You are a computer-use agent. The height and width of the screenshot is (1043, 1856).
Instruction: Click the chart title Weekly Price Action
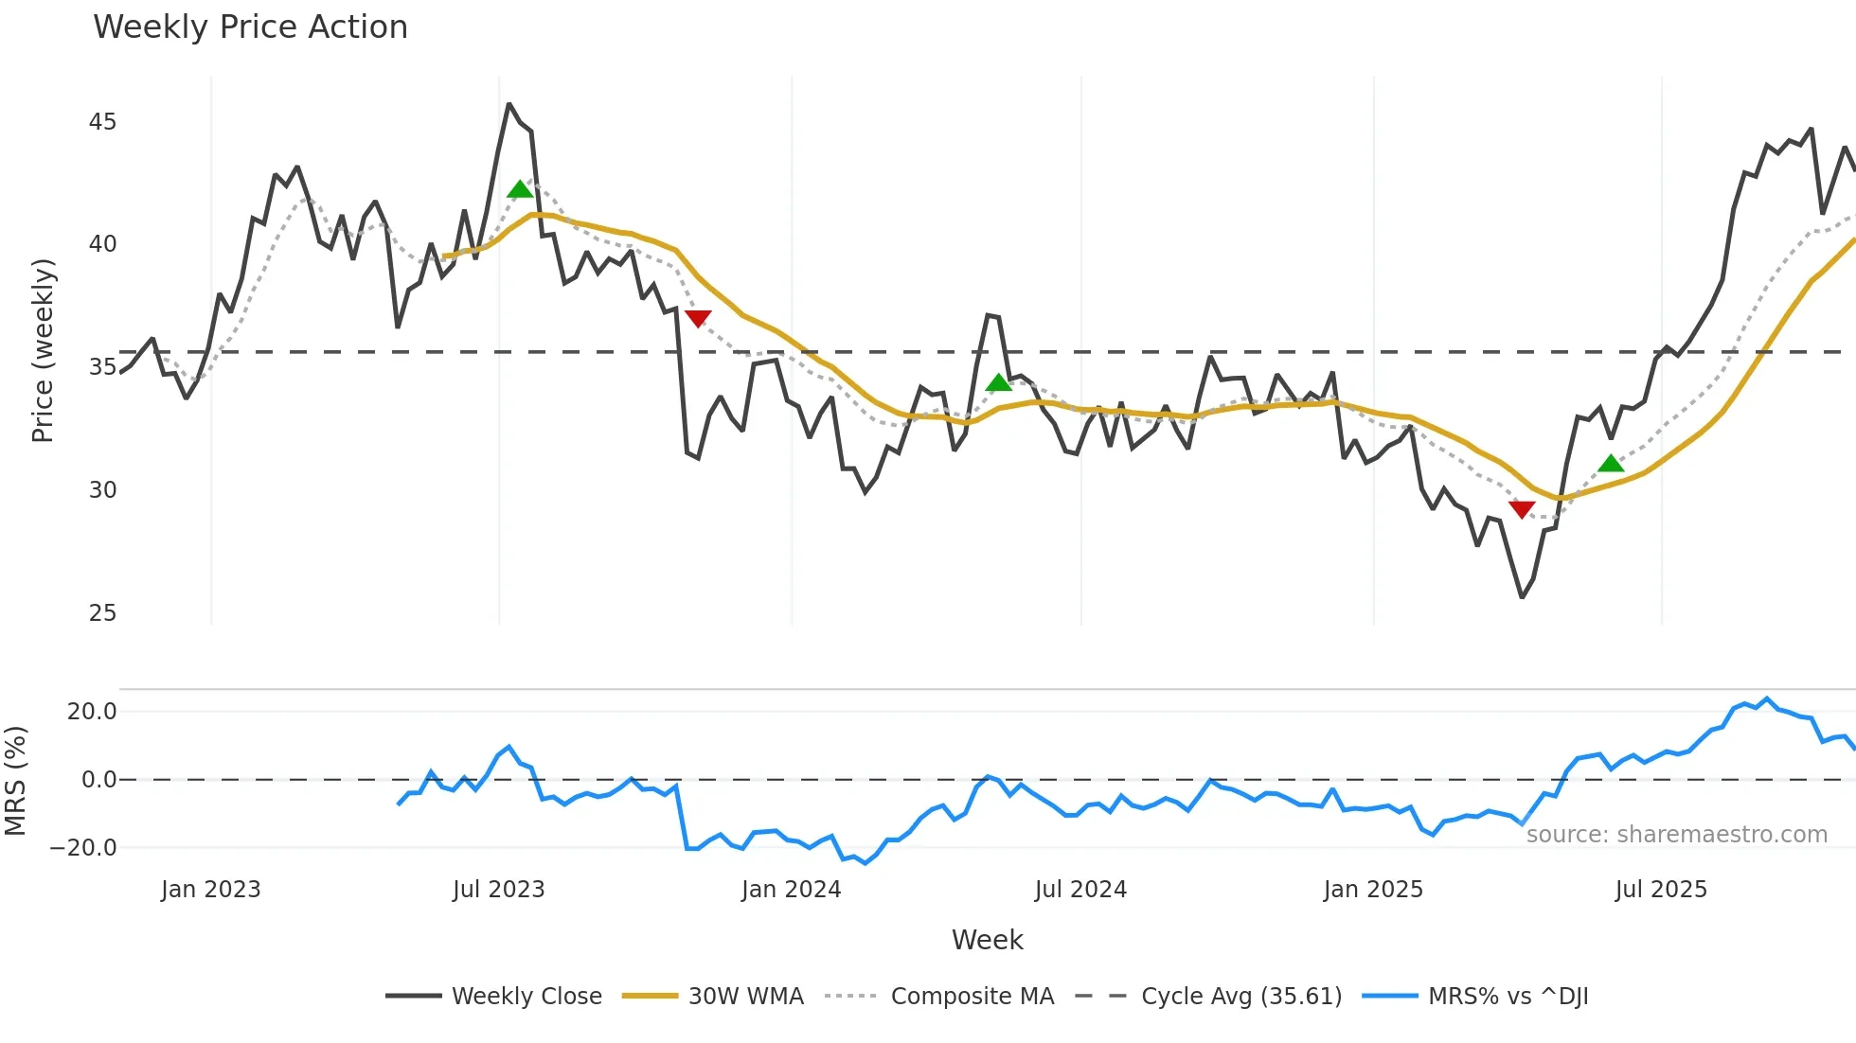pos(250,27)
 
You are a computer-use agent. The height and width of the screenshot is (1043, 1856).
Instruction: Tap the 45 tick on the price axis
pos(102,122)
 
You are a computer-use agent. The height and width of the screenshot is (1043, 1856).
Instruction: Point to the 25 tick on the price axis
pos(102,613)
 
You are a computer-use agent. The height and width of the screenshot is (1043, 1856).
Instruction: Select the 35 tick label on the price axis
pos(102,367)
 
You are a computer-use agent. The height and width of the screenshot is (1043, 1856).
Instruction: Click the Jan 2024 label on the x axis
pos(791,890)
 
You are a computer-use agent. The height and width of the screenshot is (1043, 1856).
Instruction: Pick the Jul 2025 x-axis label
pos(1661,890)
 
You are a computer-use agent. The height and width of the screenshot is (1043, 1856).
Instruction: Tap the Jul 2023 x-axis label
pos(498,890)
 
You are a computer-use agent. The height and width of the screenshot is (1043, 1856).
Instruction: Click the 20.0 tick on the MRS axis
pos(92,712)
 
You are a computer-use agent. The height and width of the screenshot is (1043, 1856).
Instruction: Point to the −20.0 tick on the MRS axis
pos(83,848)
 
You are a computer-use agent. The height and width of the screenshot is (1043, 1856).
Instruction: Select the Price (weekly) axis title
pos(43,350)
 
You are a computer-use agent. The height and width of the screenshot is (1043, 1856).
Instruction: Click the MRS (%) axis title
pos(15,781)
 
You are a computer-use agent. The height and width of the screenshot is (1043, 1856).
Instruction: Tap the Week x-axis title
pos(987,940)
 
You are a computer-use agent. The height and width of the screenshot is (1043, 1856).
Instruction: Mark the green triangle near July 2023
pos(520,190)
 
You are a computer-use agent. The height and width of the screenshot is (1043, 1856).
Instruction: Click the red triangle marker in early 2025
pos(1522,510)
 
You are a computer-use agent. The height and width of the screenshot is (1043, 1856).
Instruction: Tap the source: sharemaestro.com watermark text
pos(1676,835)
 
